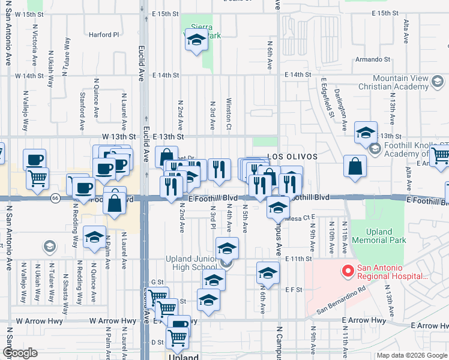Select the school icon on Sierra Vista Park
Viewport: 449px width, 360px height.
pos(196,41)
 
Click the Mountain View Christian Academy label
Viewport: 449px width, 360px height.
pos(408,83)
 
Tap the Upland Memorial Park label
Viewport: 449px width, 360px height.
pos(387,236)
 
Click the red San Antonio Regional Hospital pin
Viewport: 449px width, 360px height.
pos(346,272)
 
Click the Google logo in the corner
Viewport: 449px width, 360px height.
pos(20,353)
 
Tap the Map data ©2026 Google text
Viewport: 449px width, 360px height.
pos(411,355)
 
